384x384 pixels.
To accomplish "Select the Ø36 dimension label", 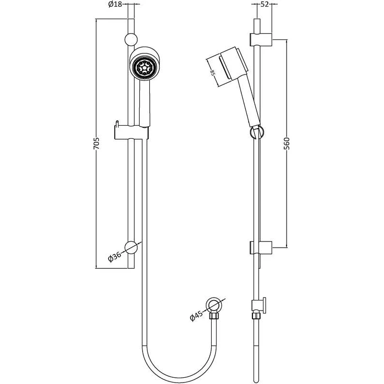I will pyautogui.click(x=115, y=256).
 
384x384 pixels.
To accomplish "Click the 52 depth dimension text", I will pyautogui.click(x=264, y=5).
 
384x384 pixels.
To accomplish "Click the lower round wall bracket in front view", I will pyautogui.click(x=132, y=247).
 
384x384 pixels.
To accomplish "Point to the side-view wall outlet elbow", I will pyautogui.click(x=259, y=304).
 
